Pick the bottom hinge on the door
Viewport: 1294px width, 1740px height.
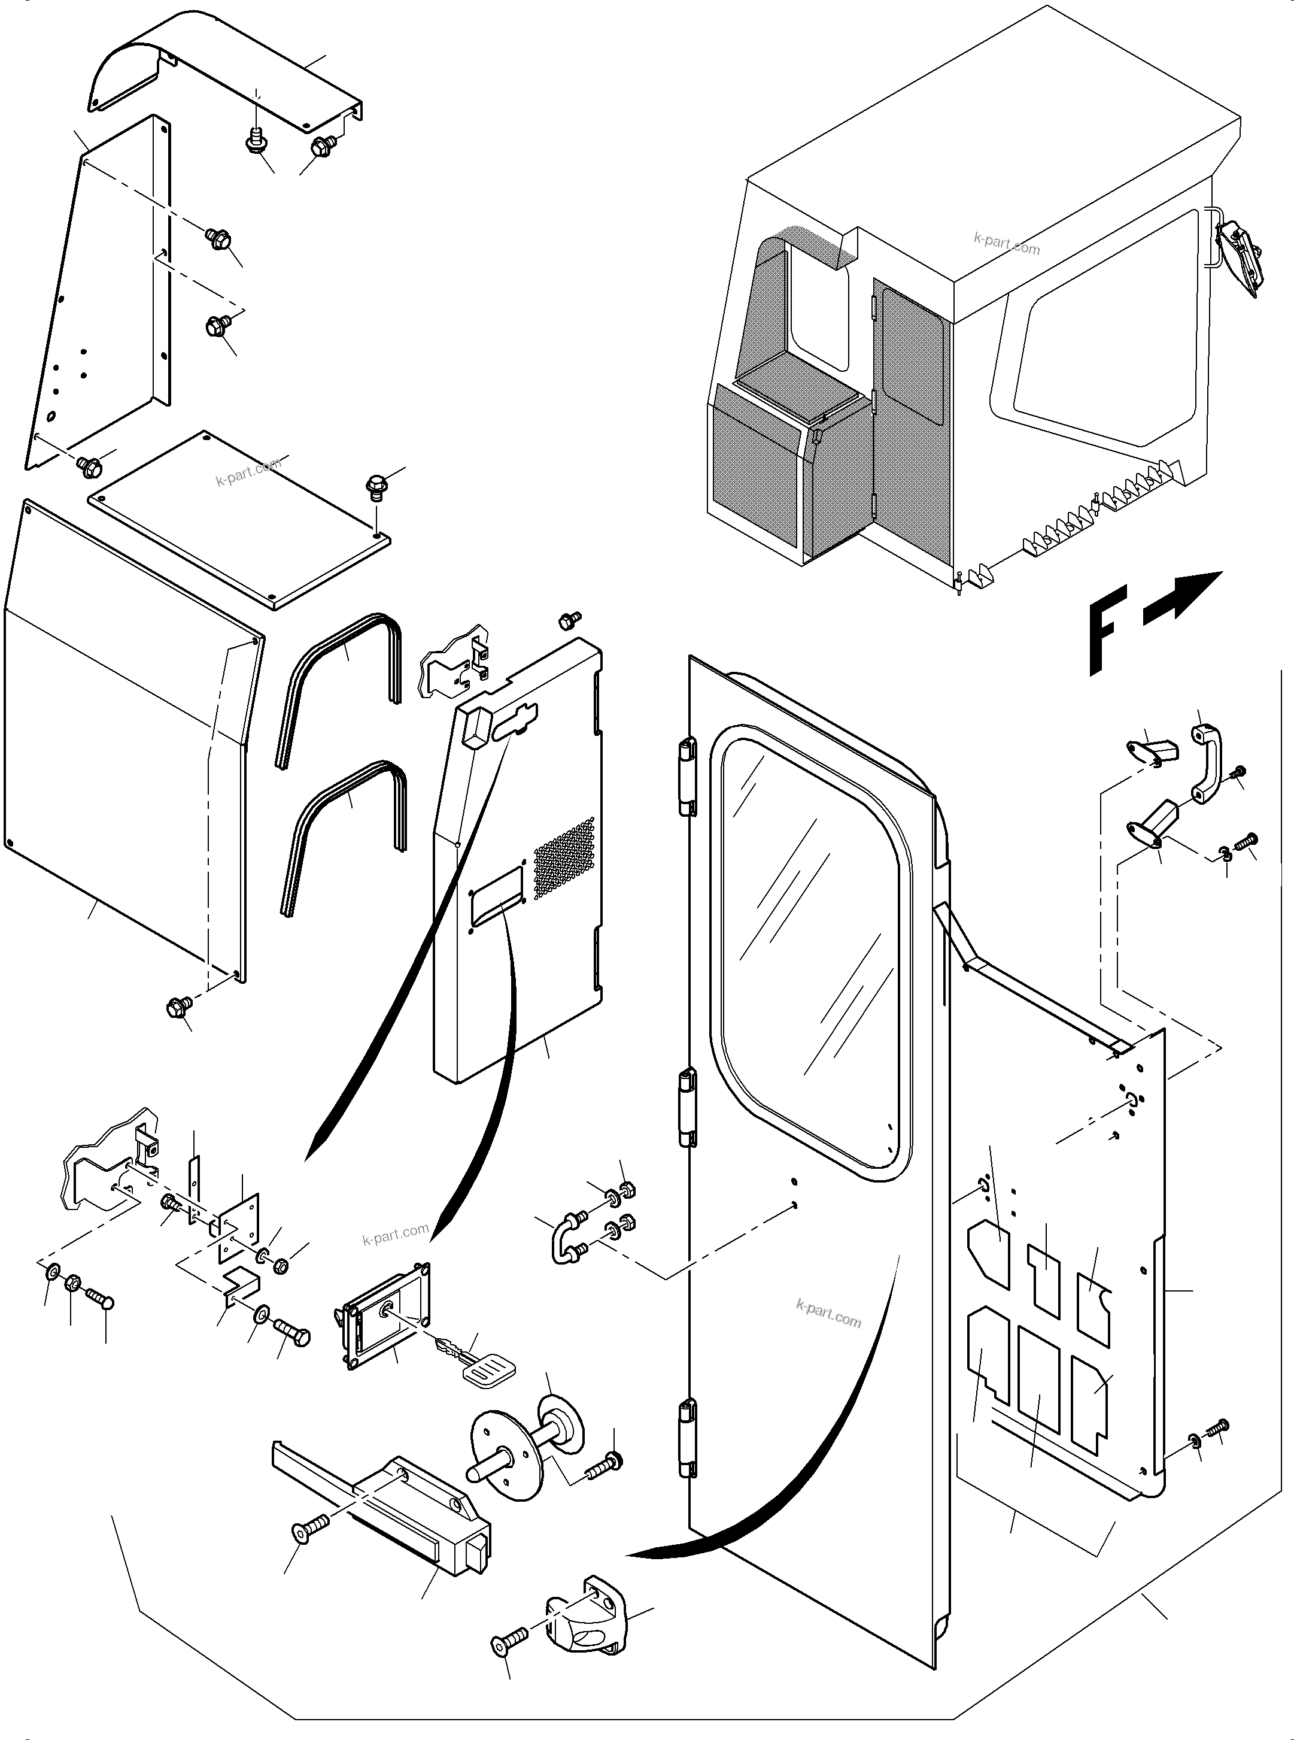(687, 1438)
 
